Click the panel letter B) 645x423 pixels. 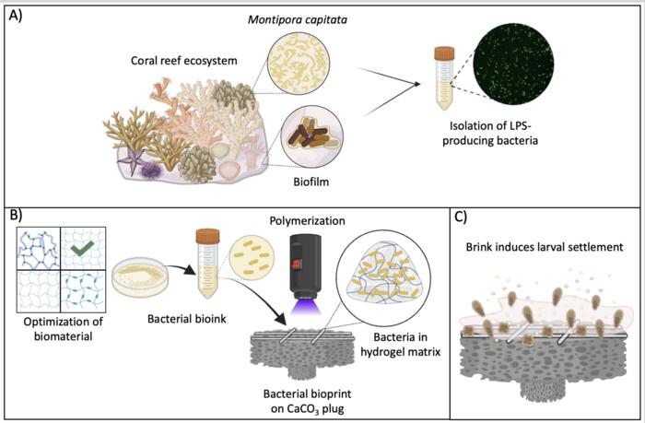click(16, 218)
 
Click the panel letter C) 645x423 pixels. click(463, 218)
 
